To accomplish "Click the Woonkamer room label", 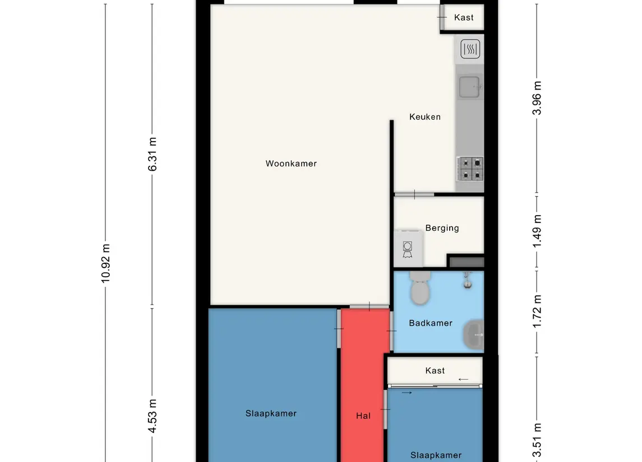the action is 291,164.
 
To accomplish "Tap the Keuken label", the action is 425,117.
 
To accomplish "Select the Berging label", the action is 442,228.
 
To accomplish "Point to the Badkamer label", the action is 431,323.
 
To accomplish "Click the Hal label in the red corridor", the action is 363,416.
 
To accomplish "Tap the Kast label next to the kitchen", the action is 464,17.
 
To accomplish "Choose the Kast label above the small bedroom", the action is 435,371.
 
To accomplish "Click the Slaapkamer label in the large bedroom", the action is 271,413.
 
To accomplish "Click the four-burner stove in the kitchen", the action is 470,169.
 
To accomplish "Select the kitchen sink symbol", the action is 470,87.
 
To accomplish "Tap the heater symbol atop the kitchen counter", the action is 470,49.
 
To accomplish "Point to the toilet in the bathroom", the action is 420,288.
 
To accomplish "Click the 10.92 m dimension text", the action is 105,263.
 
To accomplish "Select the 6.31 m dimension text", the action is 153,155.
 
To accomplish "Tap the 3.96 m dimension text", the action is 537,98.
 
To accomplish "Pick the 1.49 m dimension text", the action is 537,231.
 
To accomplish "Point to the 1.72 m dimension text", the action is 537,311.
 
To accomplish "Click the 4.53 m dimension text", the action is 153,416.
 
